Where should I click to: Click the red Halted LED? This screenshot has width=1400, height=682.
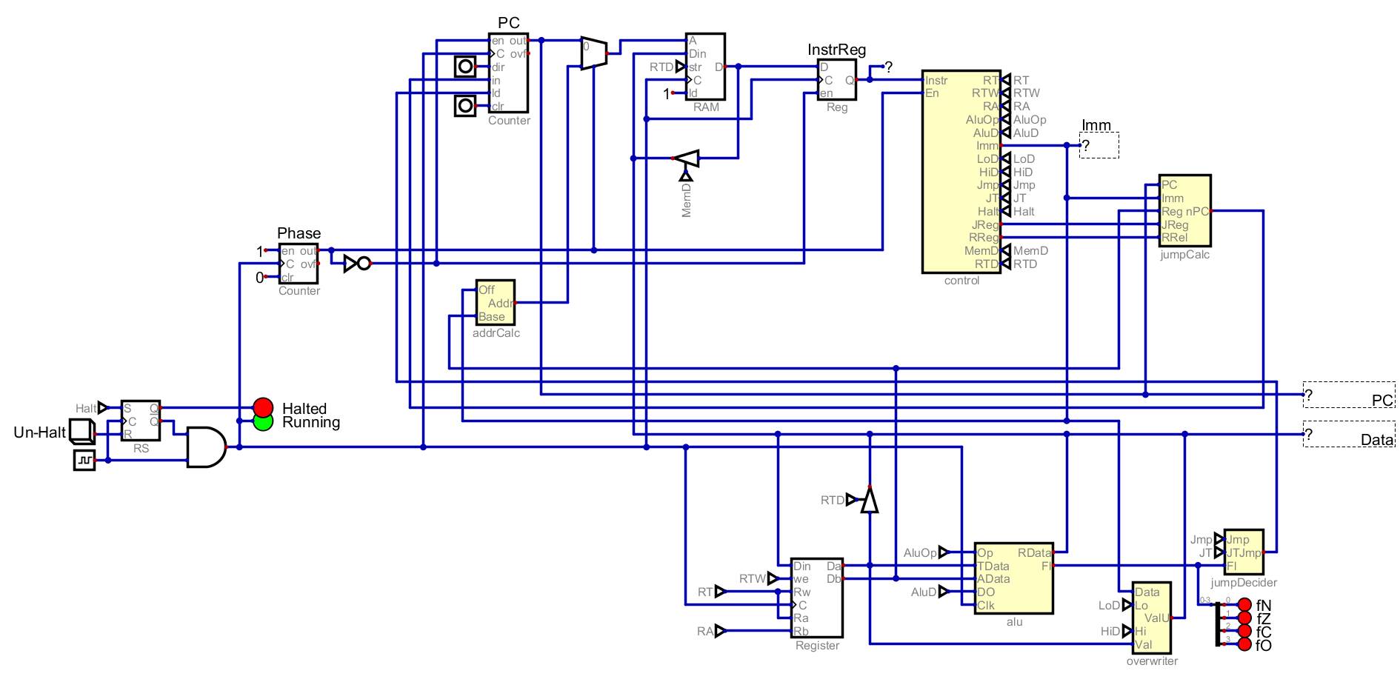(263, 407)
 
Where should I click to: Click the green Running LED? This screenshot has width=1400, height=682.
(263, 421)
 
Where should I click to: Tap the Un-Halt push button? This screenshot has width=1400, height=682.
(81, 431)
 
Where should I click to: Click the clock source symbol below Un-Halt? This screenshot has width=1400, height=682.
(84, 460)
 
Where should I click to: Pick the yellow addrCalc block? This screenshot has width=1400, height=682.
(495, 302)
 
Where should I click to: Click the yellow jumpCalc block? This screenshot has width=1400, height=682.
(1184, 210)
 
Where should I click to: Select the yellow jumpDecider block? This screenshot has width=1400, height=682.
(1244, 552)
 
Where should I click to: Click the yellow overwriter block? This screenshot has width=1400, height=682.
(1151, 618)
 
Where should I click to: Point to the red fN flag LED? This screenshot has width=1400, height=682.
(1244, 605)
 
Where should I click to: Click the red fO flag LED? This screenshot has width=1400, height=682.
(1244, 644)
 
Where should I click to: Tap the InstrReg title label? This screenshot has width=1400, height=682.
(836, 50)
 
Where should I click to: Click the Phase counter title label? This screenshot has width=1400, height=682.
(299, 233)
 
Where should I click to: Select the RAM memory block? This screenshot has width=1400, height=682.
(705, 67)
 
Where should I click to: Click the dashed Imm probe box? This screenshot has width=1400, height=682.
(1099, 145)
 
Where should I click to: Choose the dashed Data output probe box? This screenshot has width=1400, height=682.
(1348, 434)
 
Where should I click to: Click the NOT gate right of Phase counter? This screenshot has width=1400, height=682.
(356, 263)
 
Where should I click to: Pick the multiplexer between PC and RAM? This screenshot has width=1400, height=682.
(593, 53)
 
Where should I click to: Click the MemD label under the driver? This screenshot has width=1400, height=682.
(686, 201)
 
